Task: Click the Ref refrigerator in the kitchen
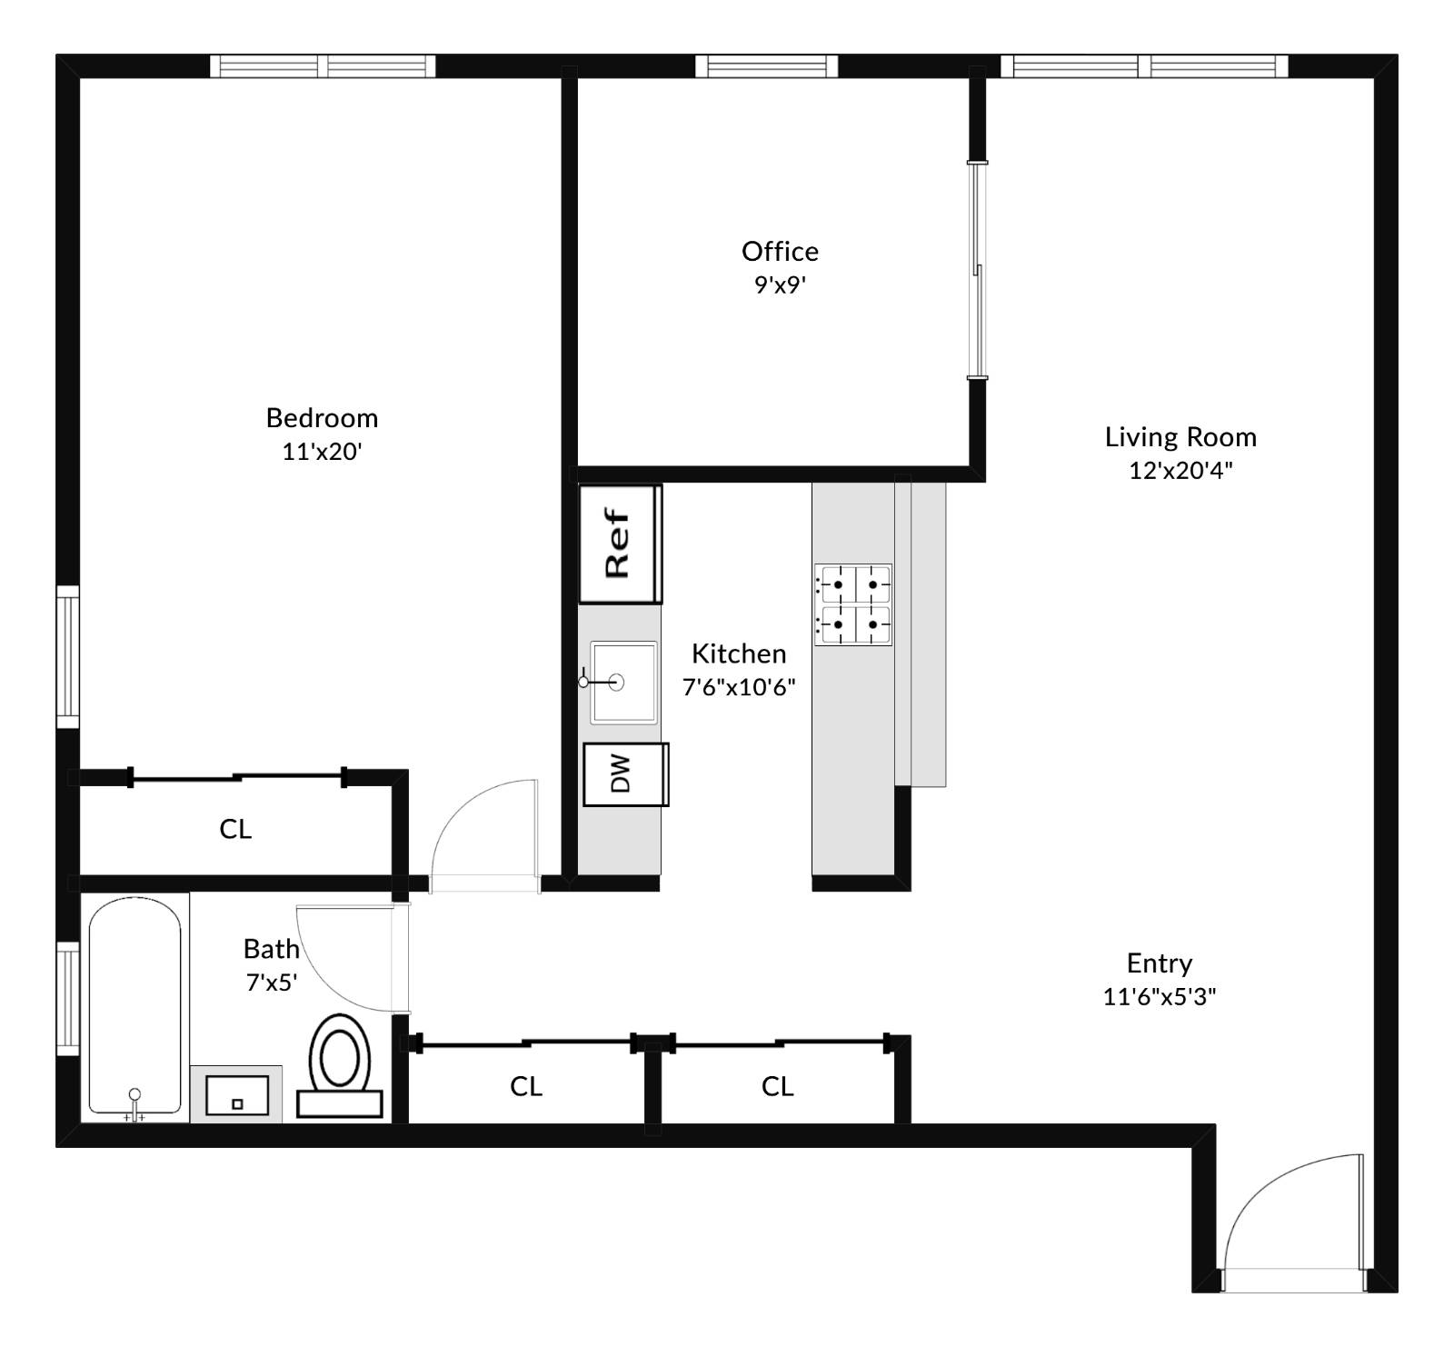[621, 544]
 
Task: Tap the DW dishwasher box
[625, 774]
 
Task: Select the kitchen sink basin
[623, 683]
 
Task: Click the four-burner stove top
[852, 604]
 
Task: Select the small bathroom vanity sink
[236, 1094]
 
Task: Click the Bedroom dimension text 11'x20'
[322, 451]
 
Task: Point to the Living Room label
[1180, 437]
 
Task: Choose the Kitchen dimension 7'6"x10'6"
[739, 686]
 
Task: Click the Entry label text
[1159, 963]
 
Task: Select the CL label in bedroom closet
[235, 829]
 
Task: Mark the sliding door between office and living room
[977, 270]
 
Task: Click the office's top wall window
[766, 66]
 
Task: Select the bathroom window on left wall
[68, 998]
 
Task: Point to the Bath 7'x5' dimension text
[272, 983]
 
